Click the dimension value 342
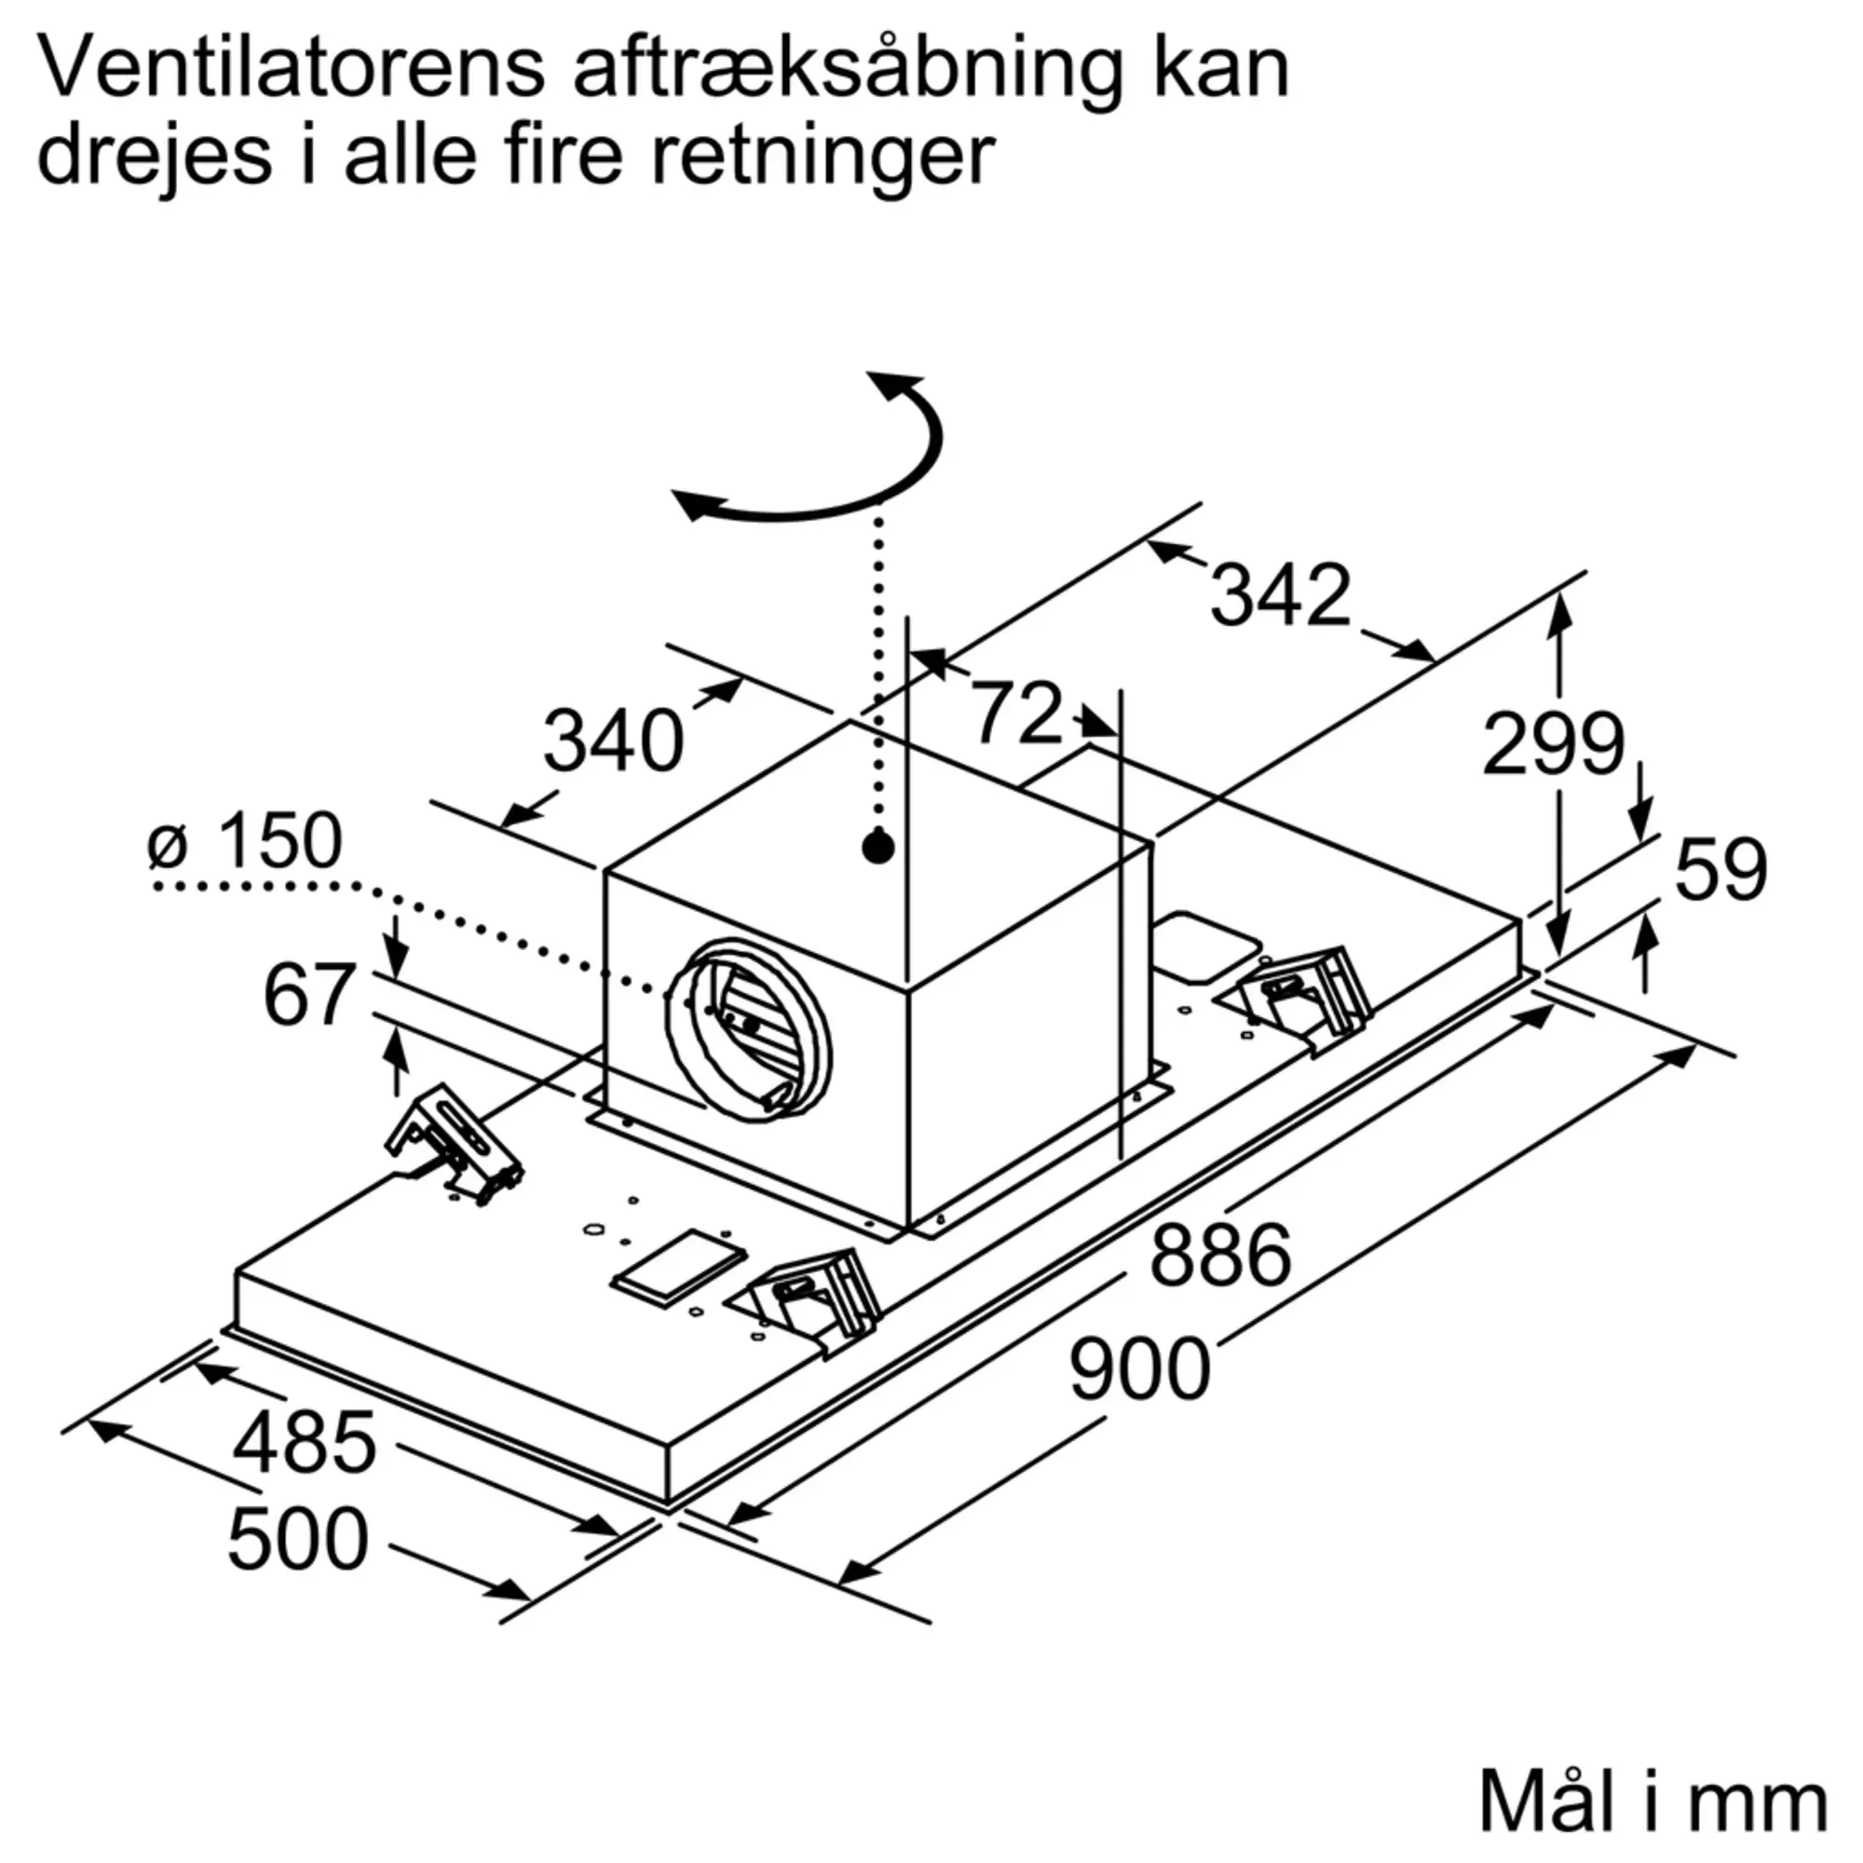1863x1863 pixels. pyautogui.click(x=1280, y=595)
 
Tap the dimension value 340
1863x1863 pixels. pyautogui.click(x=613, y=741)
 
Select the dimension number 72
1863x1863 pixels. pyautogui.click(x=1016, y=714)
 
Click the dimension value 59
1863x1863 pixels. pyautogui.click(x=1721, y=870)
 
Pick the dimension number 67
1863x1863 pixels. pyautogui.click(x=309, y=994)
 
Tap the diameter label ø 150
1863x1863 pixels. pyautogui.click(x=245, y=840)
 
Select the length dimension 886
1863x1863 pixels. pyautogui.click(x=1221, y=1254)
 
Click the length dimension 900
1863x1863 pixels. pyautogui.click(x=1140, y=1369)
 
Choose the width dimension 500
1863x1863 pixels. pyautogui.click(x=298, y=1539)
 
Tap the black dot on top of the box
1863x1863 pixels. pyautogui.click(x=877, y=849)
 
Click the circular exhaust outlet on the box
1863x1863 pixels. pyautogui.click(x=747, y=1029)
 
